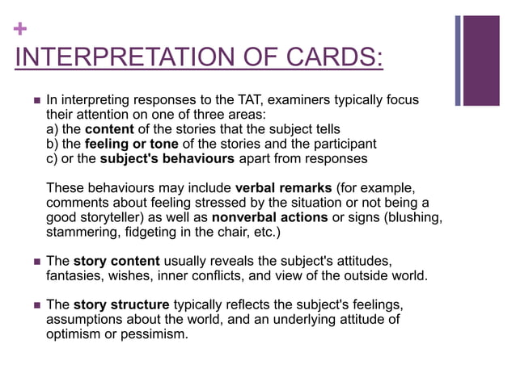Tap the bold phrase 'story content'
click(118, 262)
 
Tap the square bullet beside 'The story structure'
click(35, 306)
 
